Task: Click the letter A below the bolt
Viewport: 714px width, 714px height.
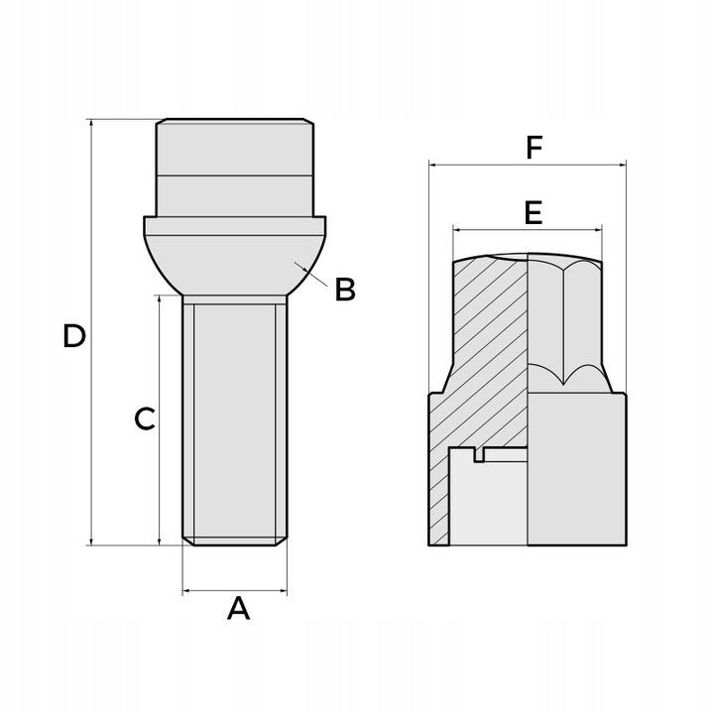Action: click(238, 608)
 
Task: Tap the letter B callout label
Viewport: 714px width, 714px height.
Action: click(344, 290)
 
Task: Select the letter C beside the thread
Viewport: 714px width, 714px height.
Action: click(145, 419)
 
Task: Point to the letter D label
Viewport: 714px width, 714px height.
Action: click(73, 336)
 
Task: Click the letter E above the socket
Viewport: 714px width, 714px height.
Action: click(533, 212)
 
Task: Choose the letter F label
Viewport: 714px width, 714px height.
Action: click(535, 149)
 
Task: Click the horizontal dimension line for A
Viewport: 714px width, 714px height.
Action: click(234, 592)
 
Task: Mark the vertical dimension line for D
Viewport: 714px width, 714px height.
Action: click(91, 397)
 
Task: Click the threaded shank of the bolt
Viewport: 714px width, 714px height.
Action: click(234, 416)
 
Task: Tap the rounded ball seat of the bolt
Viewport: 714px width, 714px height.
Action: click(235, 263)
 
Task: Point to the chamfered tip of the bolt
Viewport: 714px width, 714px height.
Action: click(235, 541)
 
